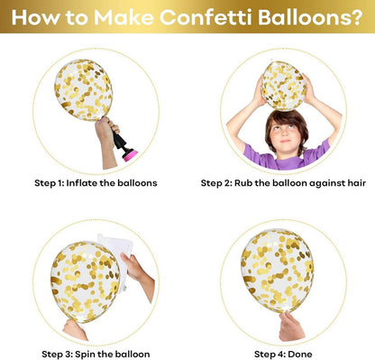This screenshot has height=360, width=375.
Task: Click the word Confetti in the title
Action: point(206,17)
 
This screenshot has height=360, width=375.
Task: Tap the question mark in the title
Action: point(356,17)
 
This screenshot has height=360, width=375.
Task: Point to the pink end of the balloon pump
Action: point(131,155)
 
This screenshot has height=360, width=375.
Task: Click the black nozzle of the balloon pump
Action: point(120,141)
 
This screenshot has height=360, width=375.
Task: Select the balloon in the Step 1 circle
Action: point(84,89)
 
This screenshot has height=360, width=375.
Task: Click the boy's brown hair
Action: point(287,125)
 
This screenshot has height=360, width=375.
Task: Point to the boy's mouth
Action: point(286,141)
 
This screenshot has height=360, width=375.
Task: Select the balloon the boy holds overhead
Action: point(284,86)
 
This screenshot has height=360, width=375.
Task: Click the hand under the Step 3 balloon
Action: point(74,329)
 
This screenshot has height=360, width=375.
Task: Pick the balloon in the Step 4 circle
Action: point(277,272)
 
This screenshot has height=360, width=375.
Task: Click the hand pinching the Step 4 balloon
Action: point(291,327)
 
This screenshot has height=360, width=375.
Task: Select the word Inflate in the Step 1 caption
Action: point(81,183)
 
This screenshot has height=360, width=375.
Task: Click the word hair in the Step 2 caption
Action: point(357,183)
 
